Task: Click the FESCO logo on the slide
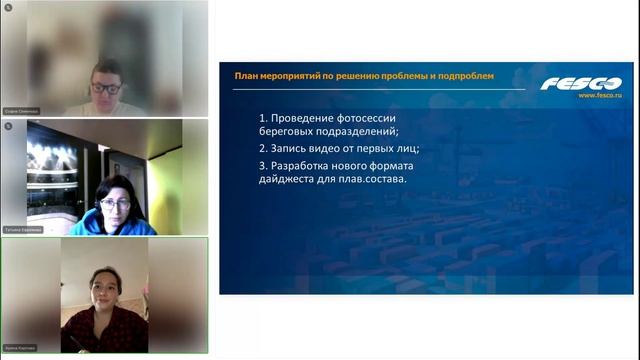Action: [x=580, y=83]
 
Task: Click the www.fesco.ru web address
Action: [x=599, y=96]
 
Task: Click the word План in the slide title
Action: [x=246, y=75]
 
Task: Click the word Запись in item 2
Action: [x=291, y=147]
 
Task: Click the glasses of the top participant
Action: [x=106, y=88]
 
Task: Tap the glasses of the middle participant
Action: [x=114, y=203]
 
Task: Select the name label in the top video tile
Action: [x=21, y=112]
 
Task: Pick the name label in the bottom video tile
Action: [x=21, y=348]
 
